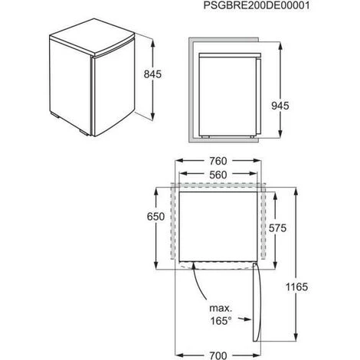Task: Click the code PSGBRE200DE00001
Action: coord(257,5)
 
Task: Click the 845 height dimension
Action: coord(152,74)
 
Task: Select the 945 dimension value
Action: coord(280,106)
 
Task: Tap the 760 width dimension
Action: coord(218,161)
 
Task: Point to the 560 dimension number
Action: coord(218,175)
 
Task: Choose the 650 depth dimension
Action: coord(155,217)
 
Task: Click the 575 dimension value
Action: coord(277,228)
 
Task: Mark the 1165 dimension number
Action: coord(296,287)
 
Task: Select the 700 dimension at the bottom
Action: coord(218,355)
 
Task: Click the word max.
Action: coord(221,309)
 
